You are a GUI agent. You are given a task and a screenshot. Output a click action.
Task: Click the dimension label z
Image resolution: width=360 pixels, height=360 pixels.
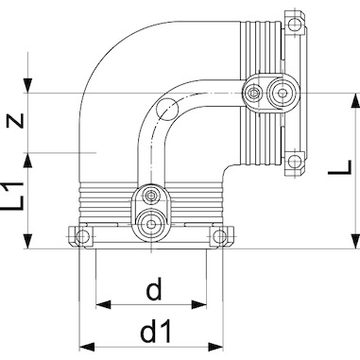[x=15, y=121]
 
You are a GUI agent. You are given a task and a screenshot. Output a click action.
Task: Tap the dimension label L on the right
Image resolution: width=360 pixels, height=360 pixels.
[x=340, y=167]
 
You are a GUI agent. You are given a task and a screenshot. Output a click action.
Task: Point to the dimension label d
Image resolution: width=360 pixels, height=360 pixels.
[x=154, y=288]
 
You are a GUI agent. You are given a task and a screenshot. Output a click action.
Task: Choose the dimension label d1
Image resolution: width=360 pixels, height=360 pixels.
[x=156, y=331]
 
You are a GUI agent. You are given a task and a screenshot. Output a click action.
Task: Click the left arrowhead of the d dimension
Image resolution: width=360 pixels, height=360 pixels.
[x=103, y=304]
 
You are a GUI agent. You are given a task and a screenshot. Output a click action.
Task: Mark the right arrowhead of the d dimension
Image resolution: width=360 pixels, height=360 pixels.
[x=199, y=304]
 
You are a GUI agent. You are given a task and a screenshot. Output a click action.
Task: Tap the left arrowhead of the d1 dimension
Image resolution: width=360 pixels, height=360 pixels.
[x=87, y=347]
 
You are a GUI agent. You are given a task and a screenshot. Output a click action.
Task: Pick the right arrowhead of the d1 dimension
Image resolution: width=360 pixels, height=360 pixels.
[x=215, y=347]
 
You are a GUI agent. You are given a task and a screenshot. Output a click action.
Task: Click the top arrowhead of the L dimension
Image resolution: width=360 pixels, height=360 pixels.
[x=356, y=101]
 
